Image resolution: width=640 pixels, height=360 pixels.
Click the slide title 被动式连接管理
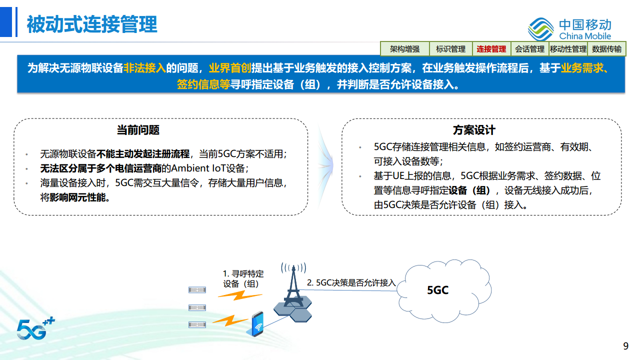coord(92,24)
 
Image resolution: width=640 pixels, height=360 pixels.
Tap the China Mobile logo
coord(570,29)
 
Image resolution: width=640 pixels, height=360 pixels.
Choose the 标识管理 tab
coord(450,49)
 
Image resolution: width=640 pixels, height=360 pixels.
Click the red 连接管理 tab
coord(491,49)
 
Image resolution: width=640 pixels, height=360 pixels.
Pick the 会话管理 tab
coord(529,49)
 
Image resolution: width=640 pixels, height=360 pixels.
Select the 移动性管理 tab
coord(568,49)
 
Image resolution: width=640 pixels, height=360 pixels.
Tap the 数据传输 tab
coord(606,49)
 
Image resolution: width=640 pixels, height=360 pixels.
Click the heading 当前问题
coord(138,130)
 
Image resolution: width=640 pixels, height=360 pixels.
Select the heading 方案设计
coord(474,130)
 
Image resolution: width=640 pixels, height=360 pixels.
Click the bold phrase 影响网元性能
coord(79,197)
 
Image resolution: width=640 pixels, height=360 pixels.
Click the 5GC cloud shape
coord(438,290)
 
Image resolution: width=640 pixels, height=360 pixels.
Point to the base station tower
coord(292,287)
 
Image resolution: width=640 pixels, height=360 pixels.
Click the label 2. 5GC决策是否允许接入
coord(351,283)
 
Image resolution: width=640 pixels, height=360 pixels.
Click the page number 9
coord(625,346)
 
